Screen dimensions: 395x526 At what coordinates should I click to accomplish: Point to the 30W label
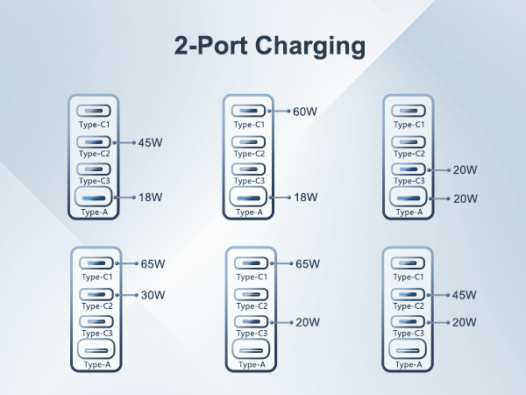tap(152, 295)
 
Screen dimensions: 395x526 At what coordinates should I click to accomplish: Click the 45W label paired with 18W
tap(150, 142)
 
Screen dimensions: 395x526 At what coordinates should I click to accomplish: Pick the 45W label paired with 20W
tap(465, 295)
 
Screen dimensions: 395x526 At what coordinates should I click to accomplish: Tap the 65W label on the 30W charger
tap(152, 264)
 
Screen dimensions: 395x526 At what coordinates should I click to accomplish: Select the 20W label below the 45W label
tap(465, 323)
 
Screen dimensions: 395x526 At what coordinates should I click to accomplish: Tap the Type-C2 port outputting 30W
tap(95, 294)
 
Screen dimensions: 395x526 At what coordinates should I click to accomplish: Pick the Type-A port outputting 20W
tap(407, 198)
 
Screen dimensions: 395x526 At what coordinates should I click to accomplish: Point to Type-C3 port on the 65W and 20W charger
tap(252, 322)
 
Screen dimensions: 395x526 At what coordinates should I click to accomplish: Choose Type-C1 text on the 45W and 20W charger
tap(409, 276)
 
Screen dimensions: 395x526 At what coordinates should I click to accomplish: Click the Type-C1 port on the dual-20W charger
tap(407, 111)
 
